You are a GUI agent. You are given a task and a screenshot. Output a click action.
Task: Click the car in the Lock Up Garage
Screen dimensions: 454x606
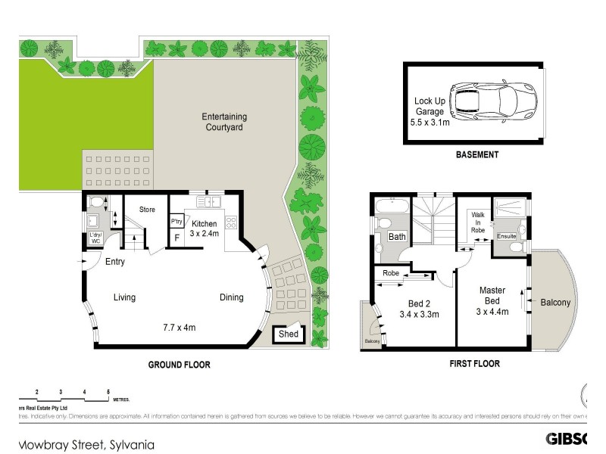click(x=493, y=101)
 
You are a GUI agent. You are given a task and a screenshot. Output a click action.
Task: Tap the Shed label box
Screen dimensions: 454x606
click(x=288, y=334)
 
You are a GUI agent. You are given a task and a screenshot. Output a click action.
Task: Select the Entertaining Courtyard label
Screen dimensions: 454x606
click(x=224, y=123)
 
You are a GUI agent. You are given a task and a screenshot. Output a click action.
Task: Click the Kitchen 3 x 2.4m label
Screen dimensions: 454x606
click(x=205, y=229)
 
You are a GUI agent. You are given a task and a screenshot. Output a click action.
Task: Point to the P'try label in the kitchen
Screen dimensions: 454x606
click(x=176, y=222)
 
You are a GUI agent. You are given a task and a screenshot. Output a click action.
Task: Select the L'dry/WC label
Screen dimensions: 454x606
click(x=95, y=238)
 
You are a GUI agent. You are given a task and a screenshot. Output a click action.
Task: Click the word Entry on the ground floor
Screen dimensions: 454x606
click(x=115, y=262)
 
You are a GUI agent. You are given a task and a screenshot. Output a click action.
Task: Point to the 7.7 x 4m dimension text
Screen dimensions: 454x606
click(x=180, y=328)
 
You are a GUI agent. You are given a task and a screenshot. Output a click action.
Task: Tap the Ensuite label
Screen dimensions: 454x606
click(x=506, y=236)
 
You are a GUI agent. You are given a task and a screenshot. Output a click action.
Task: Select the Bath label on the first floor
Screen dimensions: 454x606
click(x=398, y=237)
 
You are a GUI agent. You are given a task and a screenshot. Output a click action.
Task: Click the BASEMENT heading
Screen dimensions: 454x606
click(x=476, y=155)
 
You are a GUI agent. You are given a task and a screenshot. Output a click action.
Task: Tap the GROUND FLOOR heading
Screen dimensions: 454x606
click(x=179, y=365)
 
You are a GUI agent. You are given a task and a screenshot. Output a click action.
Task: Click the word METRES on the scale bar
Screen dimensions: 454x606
click(x=120, y=399)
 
